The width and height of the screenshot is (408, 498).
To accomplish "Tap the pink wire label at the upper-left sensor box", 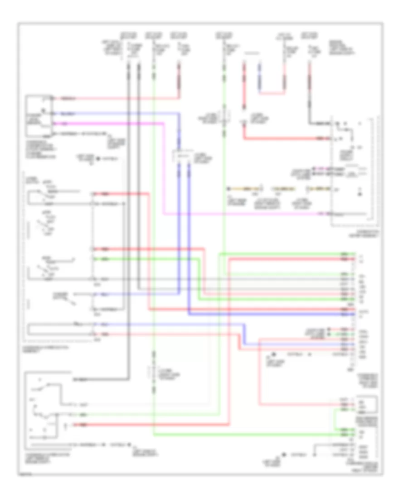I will [65, 123].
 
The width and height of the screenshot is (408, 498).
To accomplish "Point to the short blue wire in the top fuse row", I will [260, 75].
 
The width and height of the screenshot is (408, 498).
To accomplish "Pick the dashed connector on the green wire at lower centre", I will [154, 373].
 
